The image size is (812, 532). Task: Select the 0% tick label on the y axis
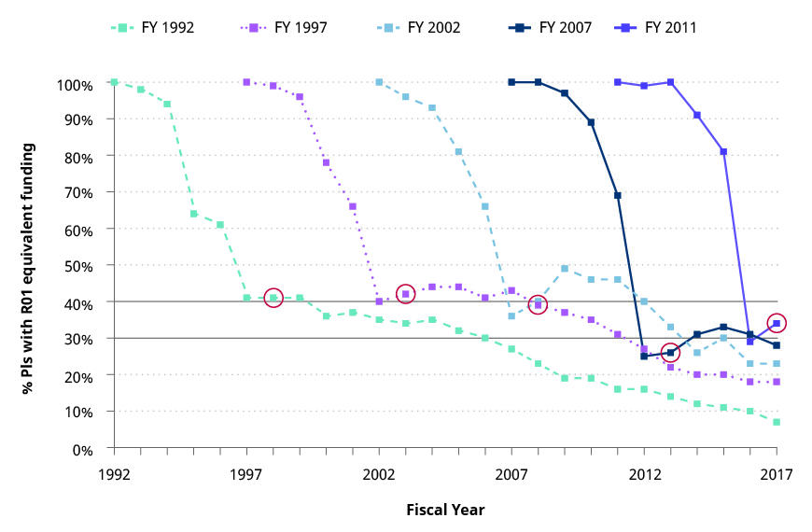(x=82, y=449)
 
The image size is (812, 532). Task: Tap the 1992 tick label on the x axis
(x=114, y=473)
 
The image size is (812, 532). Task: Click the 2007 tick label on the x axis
(x=511, y=473)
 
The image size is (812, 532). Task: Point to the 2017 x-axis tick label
(x=776, y=473)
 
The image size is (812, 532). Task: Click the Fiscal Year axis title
(x=445, y=510)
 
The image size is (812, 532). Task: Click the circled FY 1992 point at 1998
(x=273, y=299)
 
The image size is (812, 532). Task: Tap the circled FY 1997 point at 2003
(x=405, y=294)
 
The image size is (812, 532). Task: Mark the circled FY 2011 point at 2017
(x=777, y=323)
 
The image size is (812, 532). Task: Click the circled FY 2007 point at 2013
(x=670, y=353)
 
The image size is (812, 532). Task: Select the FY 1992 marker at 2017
(x=777, y=422)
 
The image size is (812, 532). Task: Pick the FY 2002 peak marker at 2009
(x=565, y=269)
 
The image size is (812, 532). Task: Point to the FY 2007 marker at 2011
(x=618, y=195)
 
